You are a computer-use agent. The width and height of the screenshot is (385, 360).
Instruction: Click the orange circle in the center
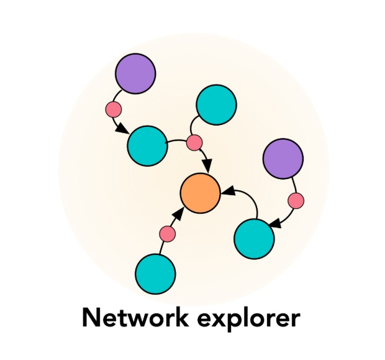pos(200,193)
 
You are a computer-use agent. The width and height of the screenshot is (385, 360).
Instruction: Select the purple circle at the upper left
pos(135,73)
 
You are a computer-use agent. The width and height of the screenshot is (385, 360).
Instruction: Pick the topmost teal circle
pos(216,104)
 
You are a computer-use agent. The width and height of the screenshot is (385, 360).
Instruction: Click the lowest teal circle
pos(155,274)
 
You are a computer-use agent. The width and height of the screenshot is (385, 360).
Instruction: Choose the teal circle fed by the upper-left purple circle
pos(147,145)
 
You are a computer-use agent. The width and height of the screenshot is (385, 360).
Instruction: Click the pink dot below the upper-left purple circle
pos(113,110)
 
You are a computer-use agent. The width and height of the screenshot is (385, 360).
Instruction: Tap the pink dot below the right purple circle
pos(296,201)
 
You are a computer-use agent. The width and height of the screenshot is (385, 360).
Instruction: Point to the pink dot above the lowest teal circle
pos(168,234)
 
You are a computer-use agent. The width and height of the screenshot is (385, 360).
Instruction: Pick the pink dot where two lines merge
pos(195,142)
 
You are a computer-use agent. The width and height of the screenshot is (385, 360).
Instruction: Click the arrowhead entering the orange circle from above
pos(208,167)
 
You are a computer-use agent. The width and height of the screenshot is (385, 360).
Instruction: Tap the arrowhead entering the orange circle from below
pos(179,215)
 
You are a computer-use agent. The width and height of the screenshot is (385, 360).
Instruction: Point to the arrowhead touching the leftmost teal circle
pos(122,131)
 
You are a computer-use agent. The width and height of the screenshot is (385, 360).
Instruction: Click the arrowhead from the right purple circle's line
pos(273,222)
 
